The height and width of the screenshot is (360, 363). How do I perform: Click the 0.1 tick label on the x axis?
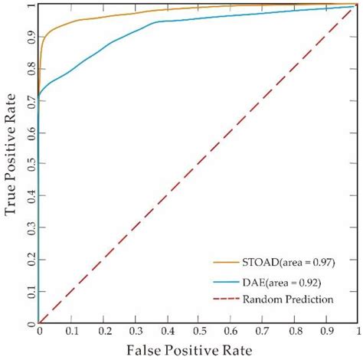[70, 332]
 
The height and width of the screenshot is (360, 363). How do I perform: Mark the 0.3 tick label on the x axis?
[133, 332]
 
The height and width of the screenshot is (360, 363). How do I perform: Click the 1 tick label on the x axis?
[355, 332]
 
